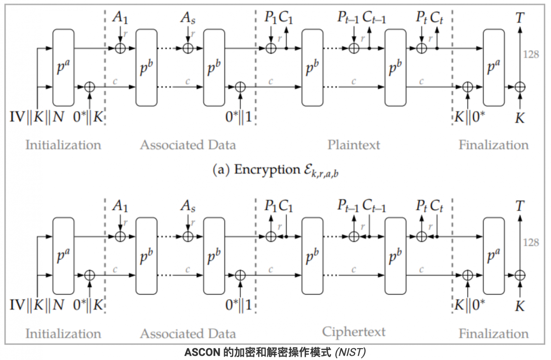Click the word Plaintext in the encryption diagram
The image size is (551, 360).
point(353,145)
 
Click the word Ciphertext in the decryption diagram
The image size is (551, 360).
point(353,332)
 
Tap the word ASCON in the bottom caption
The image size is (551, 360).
point(202,352)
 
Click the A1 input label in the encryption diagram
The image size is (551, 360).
point(120,17)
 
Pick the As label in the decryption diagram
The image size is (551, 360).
point(188,206)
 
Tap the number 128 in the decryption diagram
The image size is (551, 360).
point(531,243)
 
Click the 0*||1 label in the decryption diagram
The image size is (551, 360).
point(239,305)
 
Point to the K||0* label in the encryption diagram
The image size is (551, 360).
point(470,117)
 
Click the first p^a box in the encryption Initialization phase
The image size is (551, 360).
point(63,68)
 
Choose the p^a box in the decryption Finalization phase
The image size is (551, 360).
point(493,256)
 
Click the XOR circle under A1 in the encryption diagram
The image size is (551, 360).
point(120,48)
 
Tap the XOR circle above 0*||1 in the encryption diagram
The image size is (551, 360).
point(240,87)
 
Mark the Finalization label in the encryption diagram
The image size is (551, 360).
point(493,145)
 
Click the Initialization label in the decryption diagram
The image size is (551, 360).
point(63,333)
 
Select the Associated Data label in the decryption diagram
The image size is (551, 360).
point(188,333)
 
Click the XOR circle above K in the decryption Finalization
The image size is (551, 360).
point(520,275)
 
